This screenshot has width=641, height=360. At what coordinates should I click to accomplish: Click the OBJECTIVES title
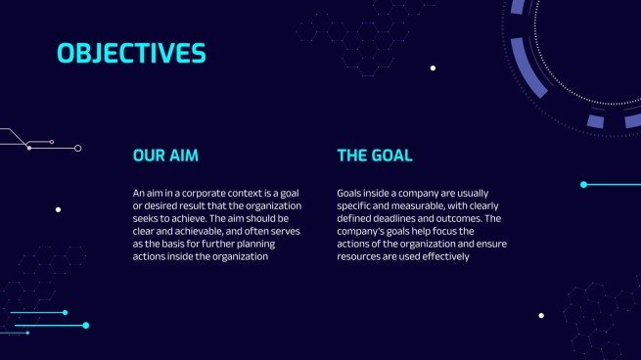(131, 52)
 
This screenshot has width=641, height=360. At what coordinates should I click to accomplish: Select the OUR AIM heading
(172, 156)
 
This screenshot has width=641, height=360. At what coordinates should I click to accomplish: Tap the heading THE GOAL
(374, 156)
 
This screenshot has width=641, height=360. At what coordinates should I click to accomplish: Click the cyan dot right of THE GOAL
(583, 184)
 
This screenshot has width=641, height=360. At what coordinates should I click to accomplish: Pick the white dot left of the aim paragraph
(59, 209)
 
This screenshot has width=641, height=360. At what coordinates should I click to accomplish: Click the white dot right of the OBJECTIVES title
(433, 68)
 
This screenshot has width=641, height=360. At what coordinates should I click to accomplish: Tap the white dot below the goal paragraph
(541, 316)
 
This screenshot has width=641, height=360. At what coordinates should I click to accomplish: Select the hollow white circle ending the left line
(78, 148)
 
